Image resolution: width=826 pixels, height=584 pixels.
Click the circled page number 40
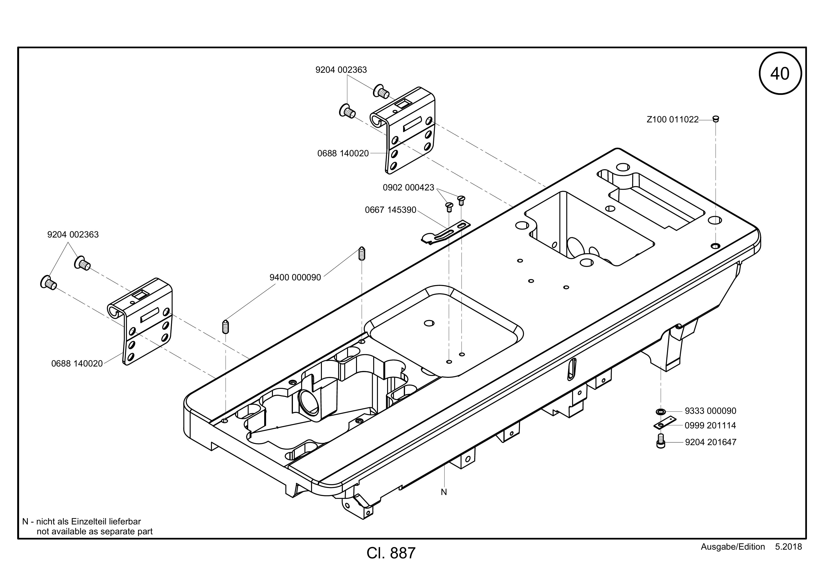coord(780,74)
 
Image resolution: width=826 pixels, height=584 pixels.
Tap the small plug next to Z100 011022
coord(716,119)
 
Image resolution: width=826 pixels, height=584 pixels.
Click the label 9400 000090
coord(295,277)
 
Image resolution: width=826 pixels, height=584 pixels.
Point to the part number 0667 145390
coord(390,210)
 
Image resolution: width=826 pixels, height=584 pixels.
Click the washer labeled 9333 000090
coord(660,411)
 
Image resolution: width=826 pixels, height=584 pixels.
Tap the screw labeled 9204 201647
coord(660,441)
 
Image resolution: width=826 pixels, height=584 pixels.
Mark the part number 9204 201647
coord(711,442)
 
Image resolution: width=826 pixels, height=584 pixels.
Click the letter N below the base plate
coord(444,492)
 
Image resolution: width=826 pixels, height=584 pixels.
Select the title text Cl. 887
coord(391,553)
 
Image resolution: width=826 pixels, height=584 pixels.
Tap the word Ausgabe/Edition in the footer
coord(733,547)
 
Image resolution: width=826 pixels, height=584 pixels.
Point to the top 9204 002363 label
coord(341,70)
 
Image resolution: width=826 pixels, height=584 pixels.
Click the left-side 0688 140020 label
coord(77,364)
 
